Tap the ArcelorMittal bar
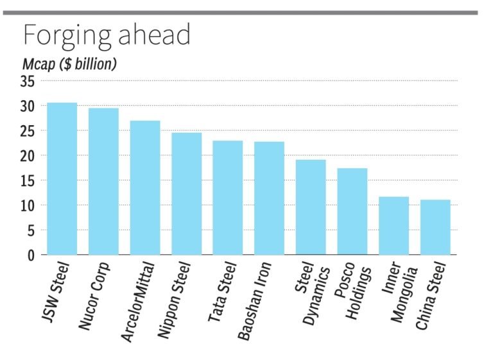point(145,187)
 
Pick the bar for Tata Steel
point(228,198)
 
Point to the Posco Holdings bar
point(352,211)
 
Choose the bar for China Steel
point(435,227)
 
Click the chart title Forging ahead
point(107,35)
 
